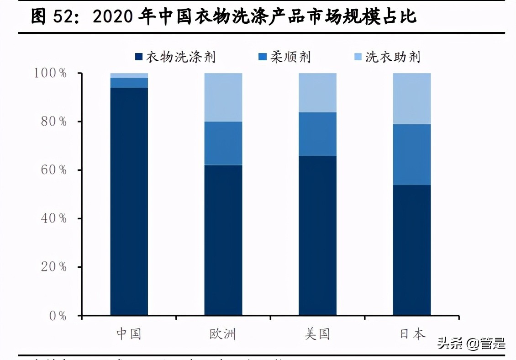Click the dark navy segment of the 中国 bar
129,201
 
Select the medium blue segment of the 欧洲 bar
223,143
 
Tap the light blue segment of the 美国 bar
317,92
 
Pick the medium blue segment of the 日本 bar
412,154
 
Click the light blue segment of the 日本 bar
412,98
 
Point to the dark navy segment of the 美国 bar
317,235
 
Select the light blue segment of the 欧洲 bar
223,97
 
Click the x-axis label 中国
129,334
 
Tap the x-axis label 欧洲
223,334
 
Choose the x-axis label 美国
317,334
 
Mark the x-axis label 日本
412,334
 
